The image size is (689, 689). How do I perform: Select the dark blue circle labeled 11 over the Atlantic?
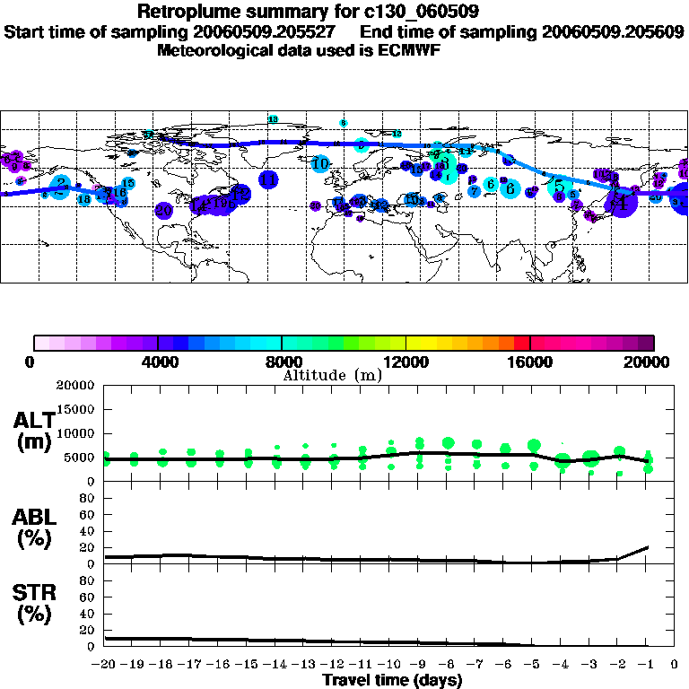[268, 179]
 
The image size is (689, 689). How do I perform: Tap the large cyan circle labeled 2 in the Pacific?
[60, 186]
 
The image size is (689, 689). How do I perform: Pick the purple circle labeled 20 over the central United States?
[163, 211]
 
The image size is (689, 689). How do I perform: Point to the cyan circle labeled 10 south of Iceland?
[320, 163]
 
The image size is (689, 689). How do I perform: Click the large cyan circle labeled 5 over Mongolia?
[560, 187]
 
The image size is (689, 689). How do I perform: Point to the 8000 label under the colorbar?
[282, 362]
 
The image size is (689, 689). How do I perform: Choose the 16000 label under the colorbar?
[530, 362]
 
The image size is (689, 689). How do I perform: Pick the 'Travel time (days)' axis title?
[392, 681]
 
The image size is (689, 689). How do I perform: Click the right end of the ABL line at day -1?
[647, 546]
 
